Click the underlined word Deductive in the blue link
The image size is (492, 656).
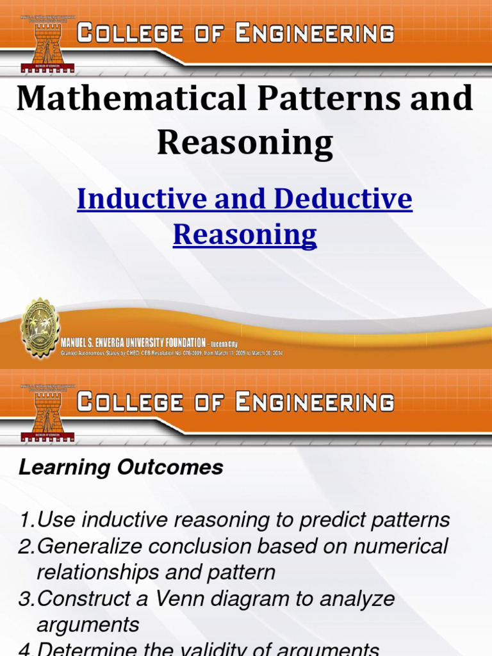click(343, 199)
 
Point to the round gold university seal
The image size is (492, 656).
click(40, 328)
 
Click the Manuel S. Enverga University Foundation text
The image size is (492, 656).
click(133, 343)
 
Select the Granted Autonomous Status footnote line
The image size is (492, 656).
click(171, 353)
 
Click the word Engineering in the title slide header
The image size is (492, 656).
click(314, 33)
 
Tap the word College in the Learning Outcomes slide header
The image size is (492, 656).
click(126, 403)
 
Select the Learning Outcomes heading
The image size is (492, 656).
click(121, 468)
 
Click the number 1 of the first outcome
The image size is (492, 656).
click(24, 520)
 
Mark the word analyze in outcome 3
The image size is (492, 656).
click(356, 600)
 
